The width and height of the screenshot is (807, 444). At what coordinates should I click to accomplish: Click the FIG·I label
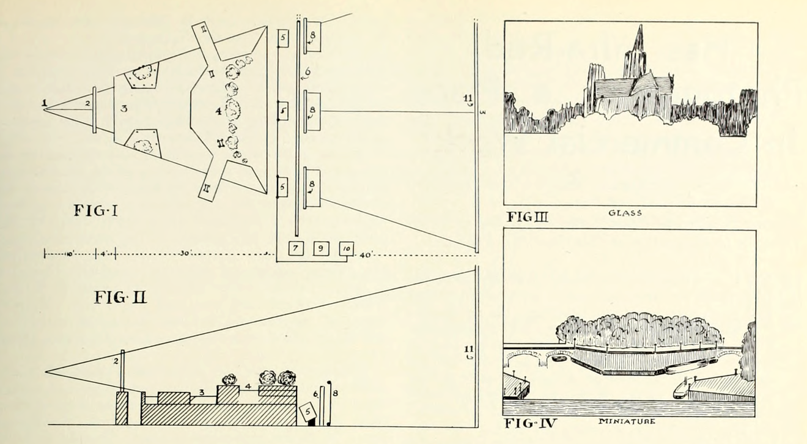pyautogui.click(x=95, y=211)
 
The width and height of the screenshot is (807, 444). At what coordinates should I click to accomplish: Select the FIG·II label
pyautogui.click(x=120, y=298)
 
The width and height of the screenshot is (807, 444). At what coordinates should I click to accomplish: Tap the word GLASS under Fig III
pyautogui.click(x=625, y=213)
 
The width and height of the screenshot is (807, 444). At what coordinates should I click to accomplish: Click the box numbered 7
pyautogui.click(x=296, y=249)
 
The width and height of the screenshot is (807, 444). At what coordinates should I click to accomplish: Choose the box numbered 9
pyautogui.click(x=322, y=249)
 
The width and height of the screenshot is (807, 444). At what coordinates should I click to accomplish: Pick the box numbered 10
pyautogui.click(x=347, y=249)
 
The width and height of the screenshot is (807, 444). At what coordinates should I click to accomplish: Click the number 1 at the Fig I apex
pyautogui.click(x=45, y=103)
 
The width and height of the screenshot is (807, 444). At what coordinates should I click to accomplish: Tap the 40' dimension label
pyautogui.click(x=365, y=255)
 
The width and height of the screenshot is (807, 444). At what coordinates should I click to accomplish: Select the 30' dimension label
pyautogui.click(x=185, y=254)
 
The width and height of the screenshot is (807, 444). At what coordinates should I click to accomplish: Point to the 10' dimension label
pyautogui.click(x=68, y=254)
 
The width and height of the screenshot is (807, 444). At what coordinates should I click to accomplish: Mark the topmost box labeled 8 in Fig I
pyautogui.click(x=313, y=37)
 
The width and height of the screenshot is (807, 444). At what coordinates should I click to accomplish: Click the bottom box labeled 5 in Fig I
pyautogui.click(x=282, y=186)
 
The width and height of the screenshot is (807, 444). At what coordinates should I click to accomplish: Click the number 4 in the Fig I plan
pyautogui.click(x=218, y=111)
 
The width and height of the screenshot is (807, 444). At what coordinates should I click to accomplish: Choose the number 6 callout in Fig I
pyautogui.click(x=307, y=72)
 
